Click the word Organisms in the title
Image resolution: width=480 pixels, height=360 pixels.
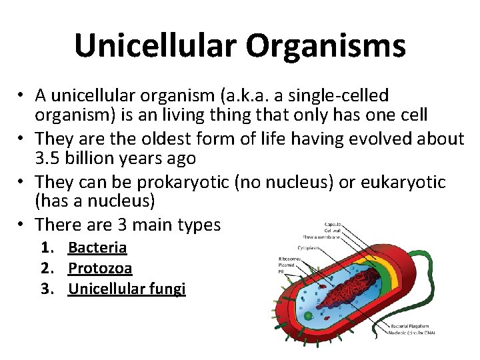(325, 46)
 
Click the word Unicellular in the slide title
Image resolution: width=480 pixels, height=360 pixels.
(156, 46)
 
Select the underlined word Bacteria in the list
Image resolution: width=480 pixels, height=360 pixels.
(97, 248)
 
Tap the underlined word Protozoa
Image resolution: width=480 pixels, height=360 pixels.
(100, 268)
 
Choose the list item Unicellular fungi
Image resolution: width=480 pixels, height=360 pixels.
(127, 289)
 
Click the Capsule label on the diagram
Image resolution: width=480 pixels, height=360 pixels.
(333, 224)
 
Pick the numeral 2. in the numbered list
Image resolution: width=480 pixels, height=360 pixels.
(47, 268)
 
